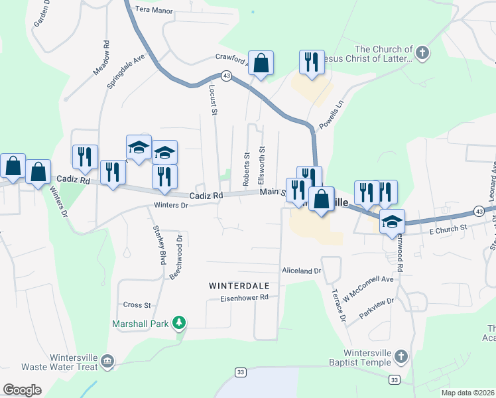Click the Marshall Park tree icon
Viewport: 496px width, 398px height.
[178, 323]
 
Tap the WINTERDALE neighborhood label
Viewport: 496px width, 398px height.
[239, 285]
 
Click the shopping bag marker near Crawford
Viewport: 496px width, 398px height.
[261, 64]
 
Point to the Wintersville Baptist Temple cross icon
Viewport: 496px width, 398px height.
[400, 358]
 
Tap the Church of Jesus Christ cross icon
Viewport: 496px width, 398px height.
[422, 53]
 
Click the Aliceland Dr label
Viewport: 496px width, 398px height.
[301, 271]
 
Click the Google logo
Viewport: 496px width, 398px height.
[22, 390]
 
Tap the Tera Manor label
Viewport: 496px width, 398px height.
[153, 11]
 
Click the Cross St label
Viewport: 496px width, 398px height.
[137, 305]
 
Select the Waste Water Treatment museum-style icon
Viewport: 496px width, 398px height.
[107, 362]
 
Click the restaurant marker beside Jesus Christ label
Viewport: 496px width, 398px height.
[312, 62]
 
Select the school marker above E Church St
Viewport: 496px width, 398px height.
[392, 221]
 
